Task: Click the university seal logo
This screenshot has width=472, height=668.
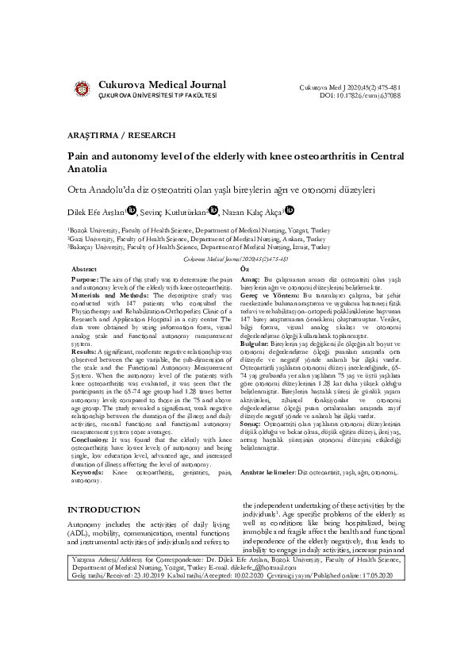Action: [81, 90]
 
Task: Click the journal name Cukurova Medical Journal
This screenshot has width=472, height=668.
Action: [162, 85]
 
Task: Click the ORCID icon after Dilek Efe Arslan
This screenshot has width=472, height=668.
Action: [132, 211]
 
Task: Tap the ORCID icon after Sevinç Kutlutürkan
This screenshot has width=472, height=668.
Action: [213, 211]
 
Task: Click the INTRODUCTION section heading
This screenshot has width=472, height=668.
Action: [106, 509]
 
